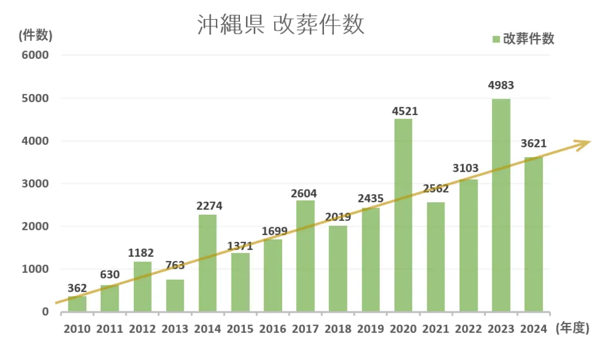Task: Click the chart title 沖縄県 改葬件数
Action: tap(281, 25)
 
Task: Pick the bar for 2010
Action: tap(77, 304)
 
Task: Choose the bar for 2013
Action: tap(175, 295)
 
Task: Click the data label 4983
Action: tap(501, 86)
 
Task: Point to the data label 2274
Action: tap(209, 206)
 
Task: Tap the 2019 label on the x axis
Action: tap(370, 329)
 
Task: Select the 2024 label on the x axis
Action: tap(533, 329)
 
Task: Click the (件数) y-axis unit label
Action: tap(35, 35)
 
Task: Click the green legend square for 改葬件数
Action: tap(496, 40)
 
